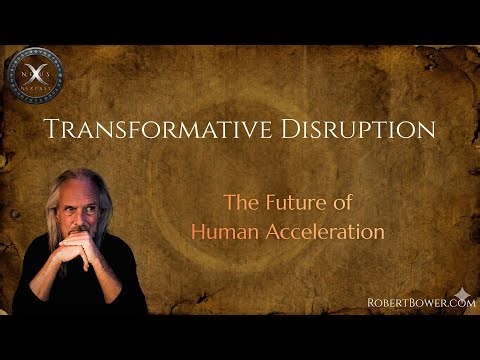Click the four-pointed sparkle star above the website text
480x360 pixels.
462,293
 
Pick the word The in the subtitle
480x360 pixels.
241,204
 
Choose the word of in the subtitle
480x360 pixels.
346,204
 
